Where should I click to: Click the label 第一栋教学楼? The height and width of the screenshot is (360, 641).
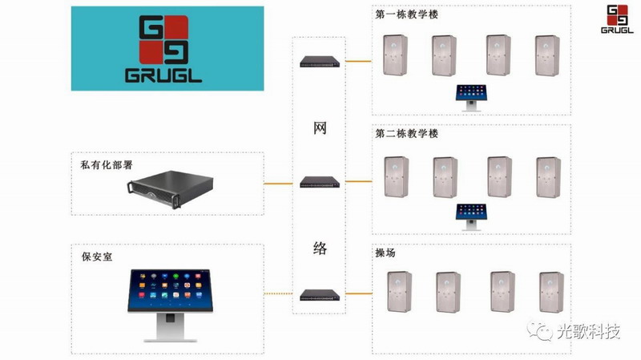click(407, 14)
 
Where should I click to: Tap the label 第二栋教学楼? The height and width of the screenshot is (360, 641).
click(407, 133)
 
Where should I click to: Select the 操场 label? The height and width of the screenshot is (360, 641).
click(385, 253)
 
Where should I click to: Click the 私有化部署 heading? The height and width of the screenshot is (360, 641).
click(107, 165)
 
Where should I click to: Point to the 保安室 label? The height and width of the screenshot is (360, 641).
click(97, 257)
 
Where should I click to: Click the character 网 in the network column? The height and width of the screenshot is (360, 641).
click(320, 128)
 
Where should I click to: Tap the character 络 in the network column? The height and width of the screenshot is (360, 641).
click(320, 248)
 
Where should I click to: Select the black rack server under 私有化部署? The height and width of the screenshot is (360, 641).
click(170, 189)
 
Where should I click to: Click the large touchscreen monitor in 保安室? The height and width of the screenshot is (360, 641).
click(170, 305)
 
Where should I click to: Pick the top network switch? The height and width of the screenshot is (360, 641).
click(320, 62)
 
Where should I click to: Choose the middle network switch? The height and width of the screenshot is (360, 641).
click(320, 182)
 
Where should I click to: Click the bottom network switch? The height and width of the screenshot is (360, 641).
click(320, 295)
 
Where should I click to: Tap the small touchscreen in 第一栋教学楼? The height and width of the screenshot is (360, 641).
click(471, 98)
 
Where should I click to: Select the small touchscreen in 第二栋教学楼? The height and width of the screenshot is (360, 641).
click(471, 216)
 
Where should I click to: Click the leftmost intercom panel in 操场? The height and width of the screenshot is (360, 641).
click(399, 291)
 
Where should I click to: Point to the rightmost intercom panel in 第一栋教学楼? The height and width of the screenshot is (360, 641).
click(547, 55)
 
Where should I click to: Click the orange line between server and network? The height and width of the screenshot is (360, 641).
click(278, 184)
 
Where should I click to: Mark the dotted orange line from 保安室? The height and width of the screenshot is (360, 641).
click(278, 293)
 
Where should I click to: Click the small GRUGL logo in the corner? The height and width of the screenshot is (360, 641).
click(617, 18)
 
